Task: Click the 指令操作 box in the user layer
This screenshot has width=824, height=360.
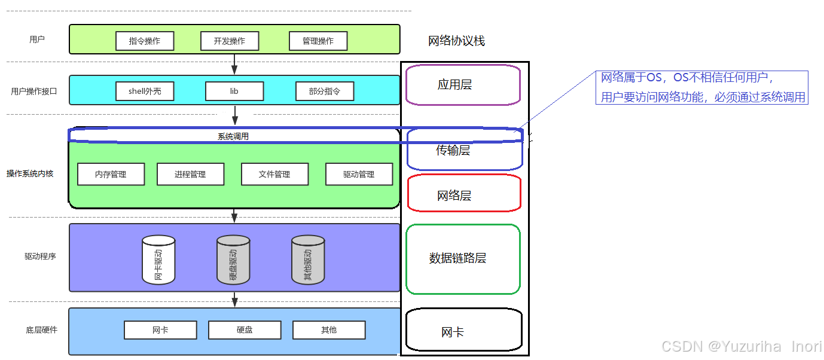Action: [x=145, y=41]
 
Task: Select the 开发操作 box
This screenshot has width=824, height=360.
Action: [x=230, y=41]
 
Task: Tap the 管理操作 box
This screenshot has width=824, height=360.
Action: [x=318, y=41]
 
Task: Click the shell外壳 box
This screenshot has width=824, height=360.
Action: [x=145, y=91]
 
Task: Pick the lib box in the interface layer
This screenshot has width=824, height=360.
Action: [x=234, y=91]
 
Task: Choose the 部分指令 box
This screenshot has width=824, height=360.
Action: [x=325, y=91]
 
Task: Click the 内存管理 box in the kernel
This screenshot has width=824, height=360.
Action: [x=111, y=174]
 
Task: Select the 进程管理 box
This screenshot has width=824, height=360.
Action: [x=190, y=174]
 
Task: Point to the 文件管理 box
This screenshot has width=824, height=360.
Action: [x=274, y=174]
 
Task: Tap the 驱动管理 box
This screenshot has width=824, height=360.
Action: [x=359, y=174]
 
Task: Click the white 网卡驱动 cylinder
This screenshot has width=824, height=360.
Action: [x=158, y=260]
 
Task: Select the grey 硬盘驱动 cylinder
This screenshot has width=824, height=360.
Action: [x=233, y=260]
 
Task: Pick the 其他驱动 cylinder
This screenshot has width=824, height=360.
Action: [x=308, y=260]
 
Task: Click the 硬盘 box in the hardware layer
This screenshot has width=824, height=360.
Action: [x=245, y=330]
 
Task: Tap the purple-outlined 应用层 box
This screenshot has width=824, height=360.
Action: [x=462, y=85]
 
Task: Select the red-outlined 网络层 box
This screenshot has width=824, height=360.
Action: [x=463, y=193]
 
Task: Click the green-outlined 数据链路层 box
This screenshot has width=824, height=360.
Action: [x=463, y=259]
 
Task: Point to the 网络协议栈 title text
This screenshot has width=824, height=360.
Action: [x=456, y=41]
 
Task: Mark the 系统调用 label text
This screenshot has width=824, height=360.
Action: [x=233, y=136]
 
